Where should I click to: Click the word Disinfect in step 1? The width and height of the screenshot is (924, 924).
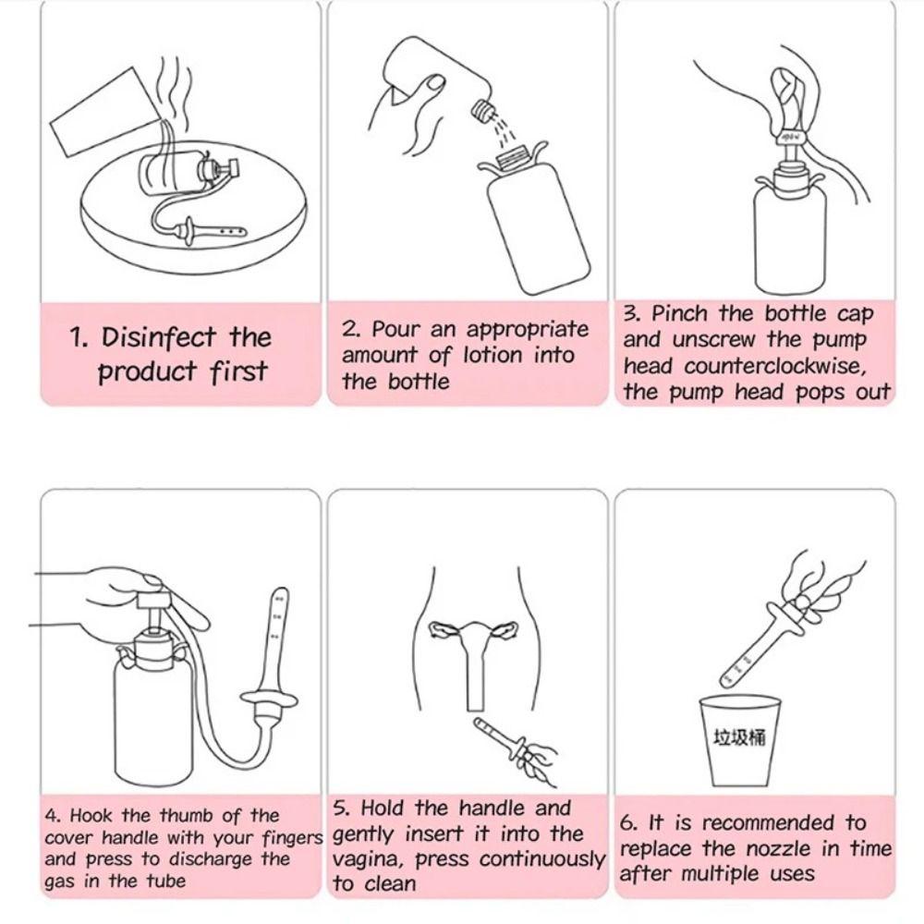click(158, 337)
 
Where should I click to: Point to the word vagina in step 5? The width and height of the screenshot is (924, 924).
click(369, 859)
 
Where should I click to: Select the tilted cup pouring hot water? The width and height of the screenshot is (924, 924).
click(106, 113)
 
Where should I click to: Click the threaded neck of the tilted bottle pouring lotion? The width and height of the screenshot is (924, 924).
click(483, 110)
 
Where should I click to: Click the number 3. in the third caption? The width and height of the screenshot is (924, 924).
click(631, 313)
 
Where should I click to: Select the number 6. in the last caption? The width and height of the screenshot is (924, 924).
click(628, 822)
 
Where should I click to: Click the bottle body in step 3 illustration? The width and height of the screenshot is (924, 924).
click(790, 236)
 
